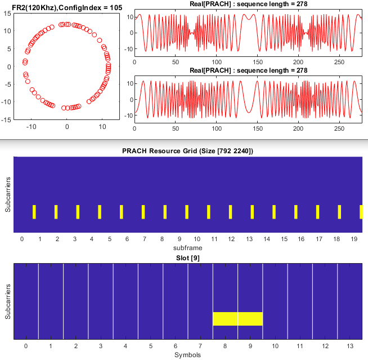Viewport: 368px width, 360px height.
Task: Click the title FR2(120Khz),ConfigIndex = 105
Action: (66, 6)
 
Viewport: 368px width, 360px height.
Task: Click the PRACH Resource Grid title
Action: (187, 151)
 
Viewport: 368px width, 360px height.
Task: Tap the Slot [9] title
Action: (187, 257)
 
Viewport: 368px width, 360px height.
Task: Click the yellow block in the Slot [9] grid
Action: (237, 319)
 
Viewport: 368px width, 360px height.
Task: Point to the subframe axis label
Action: (187, 247)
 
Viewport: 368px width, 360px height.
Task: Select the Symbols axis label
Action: (187, 355)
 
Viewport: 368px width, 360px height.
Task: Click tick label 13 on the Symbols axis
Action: (349, 346)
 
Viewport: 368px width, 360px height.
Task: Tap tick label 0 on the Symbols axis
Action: (25, 346)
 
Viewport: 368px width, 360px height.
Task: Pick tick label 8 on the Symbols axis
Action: (225, 346)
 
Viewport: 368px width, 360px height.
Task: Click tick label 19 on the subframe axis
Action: (353, 239)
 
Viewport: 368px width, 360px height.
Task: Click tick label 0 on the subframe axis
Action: (21, 239)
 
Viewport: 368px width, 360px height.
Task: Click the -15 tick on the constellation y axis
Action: (6, 120)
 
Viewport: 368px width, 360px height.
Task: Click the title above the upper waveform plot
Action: (248, 5)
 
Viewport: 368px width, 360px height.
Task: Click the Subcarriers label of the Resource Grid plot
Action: (7, 194)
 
